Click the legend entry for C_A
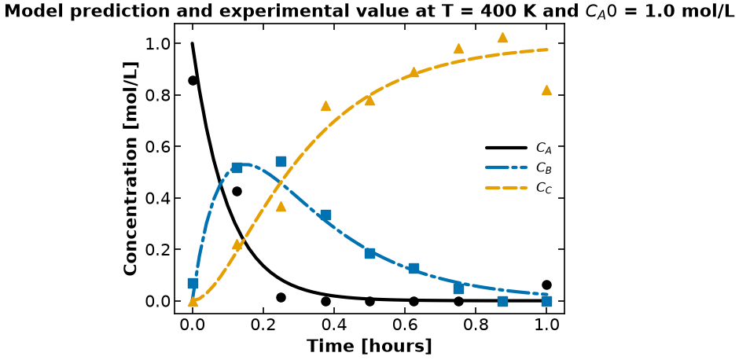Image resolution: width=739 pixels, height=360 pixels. [x=518, y=148]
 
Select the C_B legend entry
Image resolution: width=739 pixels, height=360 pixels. [x=518, y=167]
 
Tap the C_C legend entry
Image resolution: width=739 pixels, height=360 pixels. [x=518, y=188]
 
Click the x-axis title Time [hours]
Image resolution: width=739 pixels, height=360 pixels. [x=369, y=346]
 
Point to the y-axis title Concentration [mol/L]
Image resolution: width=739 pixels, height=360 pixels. [x=131, y=167]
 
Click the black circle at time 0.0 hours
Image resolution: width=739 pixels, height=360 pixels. [x=193, y=81]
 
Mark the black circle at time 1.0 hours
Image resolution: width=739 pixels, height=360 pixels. [x=546, y=285]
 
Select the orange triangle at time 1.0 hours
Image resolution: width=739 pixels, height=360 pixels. [x=546, y=90]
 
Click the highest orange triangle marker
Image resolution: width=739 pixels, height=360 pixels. [x=502, y=37]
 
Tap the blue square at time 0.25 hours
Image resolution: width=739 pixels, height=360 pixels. [x=281, y=162]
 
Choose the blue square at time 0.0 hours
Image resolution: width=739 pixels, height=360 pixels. [x=193, y=283]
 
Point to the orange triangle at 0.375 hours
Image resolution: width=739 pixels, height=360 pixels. [x=325, y=106]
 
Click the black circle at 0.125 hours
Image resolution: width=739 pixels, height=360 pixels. [x=237, y=191]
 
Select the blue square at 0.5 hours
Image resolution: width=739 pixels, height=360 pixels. [x=369, y=254]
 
